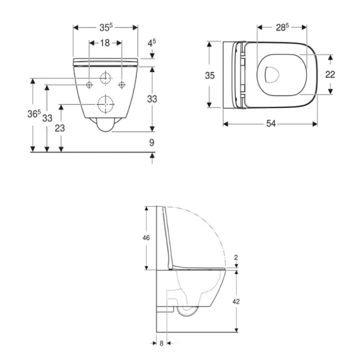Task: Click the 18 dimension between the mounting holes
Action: (105, 43)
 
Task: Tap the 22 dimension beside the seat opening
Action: (329, 75)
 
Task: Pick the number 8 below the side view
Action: (161, 344)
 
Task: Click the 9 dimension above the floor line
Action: (152, 142)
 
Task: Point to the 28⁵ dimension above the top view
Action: (283, 27)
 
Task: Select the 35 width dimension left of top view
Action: (209, 75)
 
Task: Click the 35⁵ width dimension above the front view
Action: (105, 27)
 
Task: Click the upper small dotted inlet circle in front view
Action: (105, 77)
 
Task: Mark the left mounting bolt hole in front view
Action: (90, 84)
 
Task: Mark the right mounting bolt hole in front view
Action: (121, 84)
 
